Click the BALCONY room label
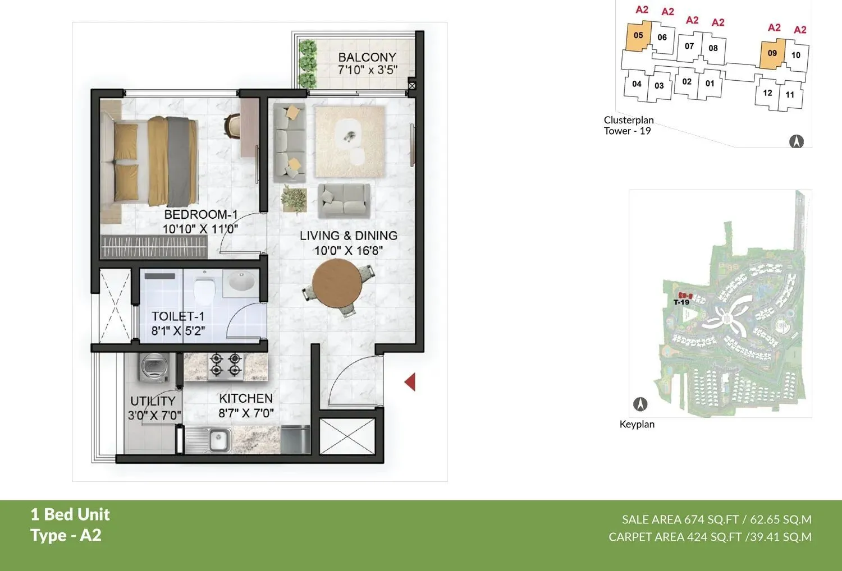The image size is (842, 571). click(x=367, y=57)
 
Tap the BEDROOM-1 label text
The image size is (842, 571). click(x=200, y=215)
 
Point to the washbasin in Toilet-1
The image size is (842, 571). click(x=241, y=282)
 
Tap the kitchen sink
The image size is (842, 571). click(x=218, y=439)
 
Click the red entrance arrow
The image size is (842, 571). click(x=410, y=382)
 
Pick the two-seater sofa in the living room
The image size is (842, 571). click(x=344, y=200)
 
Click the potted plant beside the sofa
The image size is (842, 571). click(x=294, y=198)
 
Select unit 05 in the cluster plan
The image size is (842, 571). click(x=638, y=36)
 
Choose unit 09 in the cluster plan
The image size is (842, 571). click(x=772, y=53)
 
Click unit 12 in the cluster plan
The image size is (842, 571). click(x=767, y=93)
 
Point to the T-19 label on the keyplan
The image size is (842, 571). click(x=681, y=302)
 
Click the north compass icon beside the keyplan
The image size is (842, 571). click(x=640, y=404)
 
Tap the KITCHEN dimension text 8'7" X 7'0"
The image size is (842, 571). click(x=246, y=413)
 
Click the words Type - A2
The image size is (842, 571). click(x=66, y=535)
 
